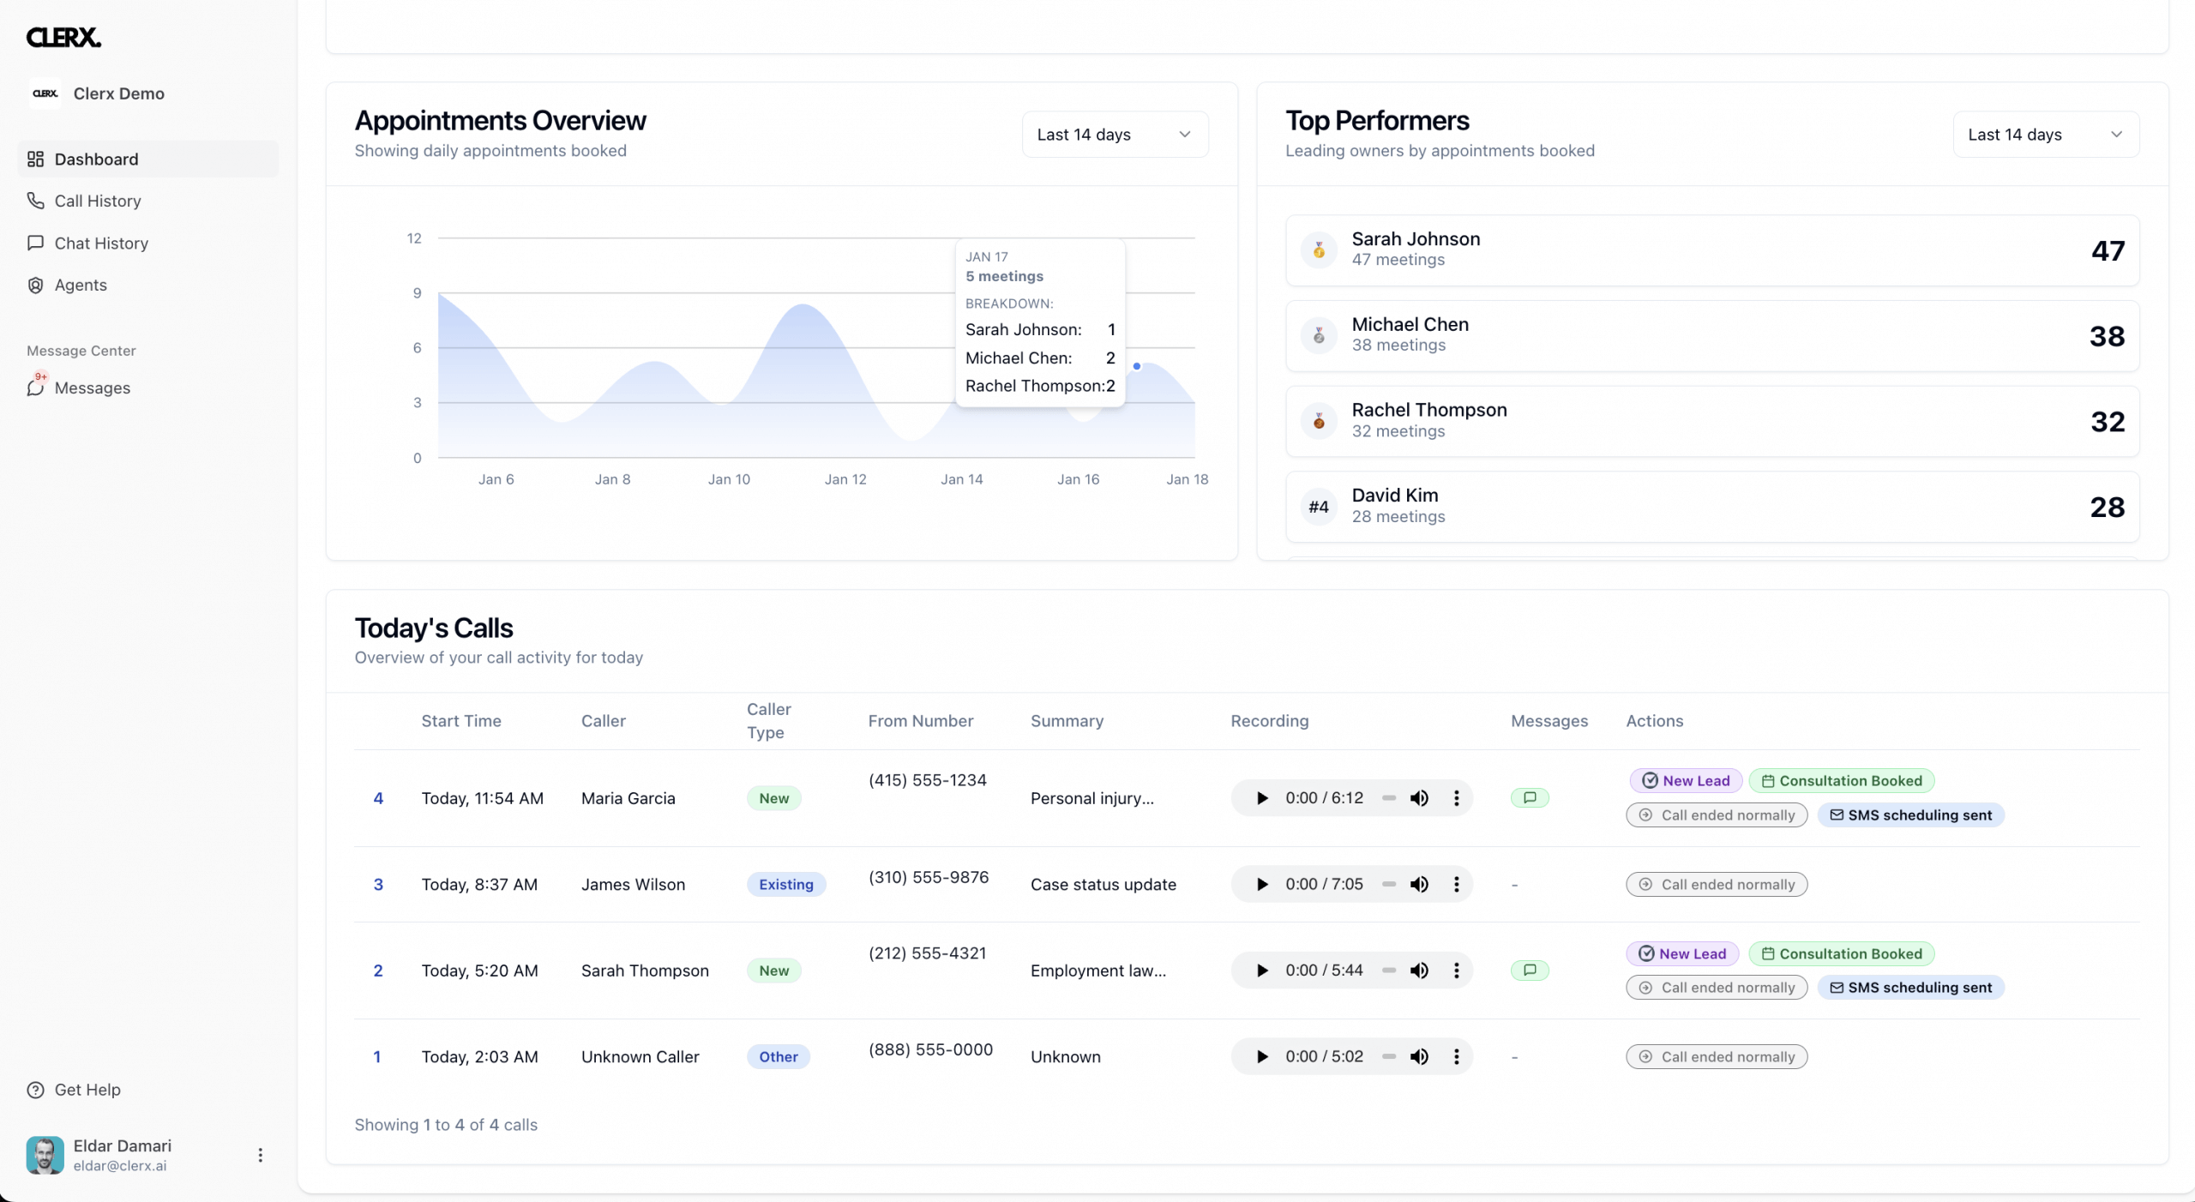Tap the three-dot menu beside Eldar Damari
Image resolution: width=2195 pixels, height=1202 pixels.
click(260, 1155)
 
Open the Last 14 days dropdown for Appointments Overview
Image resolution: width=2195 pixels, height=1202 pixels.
click(1115, 135)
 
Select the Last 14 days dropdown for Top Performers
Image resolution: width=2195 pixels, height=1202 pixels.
click(2046, 135)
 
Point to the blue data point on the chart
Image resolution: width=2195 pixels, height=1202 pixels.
click(1137, 366)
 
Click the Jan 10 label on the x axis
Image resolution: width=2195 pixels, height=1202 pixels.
click(729, 479)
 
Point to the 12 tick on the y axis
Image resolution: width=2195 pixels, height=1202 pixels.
click(414, 238)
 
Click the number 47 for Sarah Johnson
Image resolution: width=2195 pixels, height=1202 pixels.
click(2108, 250)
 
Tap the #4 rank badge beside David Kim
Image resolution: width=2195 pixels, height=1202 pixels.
click(1319, 507)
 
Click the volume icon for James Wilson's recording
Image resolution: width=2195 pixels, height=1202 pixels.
click(1419, 884)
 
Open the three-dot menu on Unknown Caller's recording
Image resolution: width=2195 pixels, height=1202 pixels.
click(1456, 1056)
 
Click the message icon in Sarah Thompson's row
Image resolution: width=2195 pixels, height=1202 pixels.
click(1530, 970)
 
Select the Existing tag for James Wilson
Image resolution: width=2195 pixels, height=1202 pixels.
click(786, 884)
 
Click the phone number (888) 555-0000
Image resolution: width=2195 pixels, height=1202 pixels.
click(930, 1049)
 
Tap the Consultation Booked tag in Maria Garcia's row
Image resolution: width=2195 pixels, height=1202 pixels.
click(1842, 780)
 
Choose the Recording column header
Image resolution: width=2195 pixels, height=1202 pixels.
click(1270, 721)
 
